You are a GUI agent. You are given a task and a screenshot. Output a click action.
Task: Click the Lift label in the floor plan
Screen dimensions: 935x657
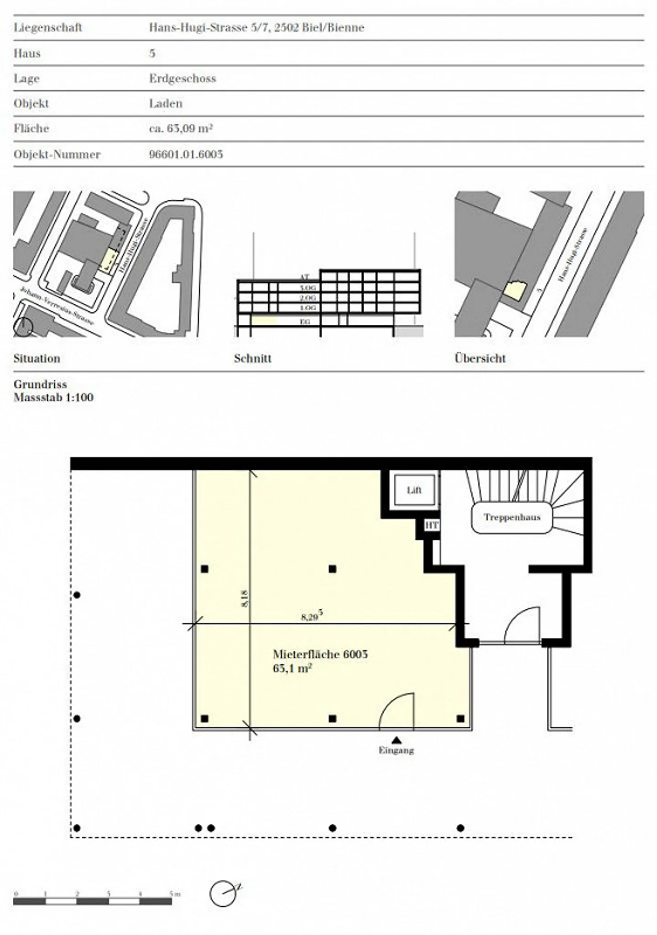414,490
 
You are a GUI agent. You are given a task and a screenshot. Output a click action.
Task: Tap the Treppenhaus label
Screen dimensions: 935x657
512,517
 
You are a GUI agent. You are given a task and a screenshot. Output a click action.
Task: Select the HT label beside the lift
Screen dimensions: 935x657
432,525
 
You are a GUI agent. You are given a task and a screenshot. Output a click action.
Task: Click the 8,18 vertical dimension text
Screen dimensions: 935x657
245,598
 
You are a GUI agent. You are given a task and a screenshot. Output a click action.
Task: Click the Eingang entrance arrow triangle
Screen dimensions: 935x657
396,740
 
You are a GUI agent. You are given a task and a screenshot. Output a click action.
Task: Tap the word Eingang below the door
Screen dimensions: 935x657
396,750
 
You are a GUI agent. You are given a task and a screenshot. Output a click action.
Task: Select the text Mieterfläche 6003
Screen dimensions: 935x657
320,654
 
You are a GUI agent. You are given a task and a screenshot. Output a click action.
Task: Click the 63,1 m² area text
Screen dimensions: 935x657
292,669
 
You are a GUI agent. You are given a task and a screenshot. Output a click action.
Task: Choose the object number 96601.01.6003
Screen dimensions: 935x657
186,154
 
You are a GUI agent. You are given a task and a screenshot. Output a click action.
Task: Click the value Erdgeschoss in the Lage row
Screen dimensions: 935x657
182,78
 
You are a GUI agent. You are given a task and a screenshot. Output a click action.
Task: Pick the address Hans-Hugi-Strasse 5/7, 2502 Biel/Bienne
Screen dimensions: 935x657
256,27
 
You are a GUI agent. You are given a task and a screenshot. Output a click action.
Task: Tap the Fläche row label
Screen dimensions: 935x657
31,129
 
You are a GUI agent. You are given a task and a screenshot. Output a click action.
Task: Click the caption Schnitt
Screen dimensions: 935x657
253,358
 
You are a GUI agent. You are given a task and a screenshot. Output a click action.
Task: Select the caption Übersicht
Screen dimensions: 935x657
480,358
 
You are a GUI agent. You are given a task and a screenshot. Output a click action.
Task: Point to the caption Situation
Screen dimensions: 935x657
37,358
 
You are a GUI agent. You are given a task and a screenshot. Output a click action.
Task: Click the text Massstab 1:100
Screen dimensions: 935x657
53,397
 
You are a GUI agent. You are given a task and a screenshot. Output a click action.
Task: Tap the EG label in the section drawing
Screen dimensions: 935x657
305,322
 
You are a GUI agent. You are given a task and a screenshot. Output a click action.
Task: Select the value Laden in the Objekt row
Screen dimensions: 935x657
166,104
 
